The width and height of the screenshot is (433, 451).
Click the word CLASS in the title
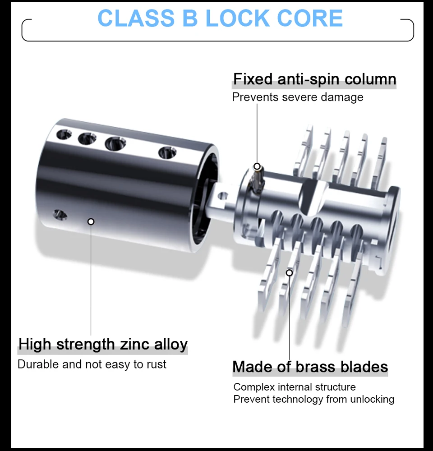[136, 18]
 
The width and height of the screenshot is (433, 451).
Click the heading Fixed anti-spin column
[315, 79]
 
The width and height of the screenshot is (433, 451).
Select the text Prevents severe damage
[298, 97]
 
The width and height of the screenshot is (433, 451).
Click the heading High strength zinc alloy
[103, 344]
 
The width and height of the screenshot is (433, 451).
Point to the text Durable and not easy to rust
[92, 364]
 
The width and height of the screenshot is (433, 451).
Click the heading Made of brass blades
[310, 367]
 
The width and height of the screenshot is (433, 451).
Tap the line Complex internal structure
[295, 387]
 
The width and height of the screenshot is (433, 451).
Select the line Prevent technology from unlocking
[314, 399]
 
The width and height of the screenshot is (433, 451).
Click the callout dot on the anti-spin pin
[257, 166]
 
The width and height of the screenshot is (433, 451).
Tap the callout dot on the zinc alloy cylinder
[91, 221]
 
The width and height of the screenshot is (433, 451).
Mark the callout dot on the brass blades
[290, 273]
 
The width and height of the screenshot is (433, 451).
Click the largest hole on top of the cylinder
[115, 143]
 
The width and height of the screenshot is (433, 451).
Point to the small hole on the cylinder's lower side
[60, 215]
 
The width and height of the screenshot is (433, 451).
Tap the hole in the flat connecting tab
[223, 197]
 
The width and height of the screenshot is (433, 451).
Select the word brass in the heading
[316, 367]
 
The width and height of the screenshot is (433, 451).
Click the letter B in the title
[190, 18]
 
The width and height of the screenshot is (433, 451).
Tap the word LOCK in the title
[237, 18]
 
